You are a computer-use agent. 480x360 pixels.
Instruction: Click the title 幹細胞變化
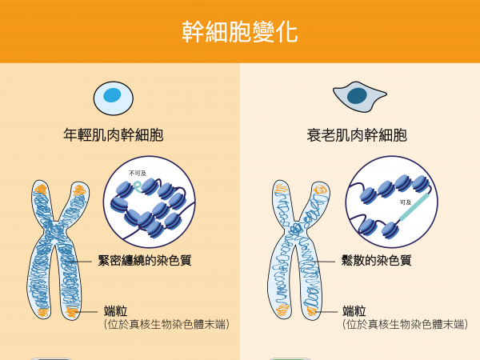239,33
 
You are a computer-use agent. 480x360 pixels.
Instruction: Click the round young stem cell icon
112,97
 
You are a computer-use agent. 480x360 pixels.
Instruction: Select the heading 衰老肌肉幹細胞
356,135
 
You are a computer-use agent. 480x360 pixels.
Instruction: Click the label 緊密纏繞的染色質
145,260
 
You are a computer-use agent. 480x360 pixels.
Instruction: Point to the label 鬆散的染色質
375,260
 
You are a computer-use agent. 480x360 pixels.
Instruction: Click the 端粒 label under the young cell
115,310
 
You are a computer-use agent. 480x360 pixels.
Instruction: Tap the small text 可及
406,202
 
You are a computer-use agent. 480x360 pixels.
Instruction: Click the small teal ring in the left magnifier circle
138,185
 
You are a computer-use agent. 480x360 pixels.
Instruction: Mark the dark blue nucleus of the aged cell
357,96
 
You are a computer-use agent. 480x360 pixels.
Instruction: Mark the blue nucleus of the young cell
113,96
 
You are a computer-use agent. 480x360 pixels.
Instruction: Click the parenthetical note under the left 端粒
166,325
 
